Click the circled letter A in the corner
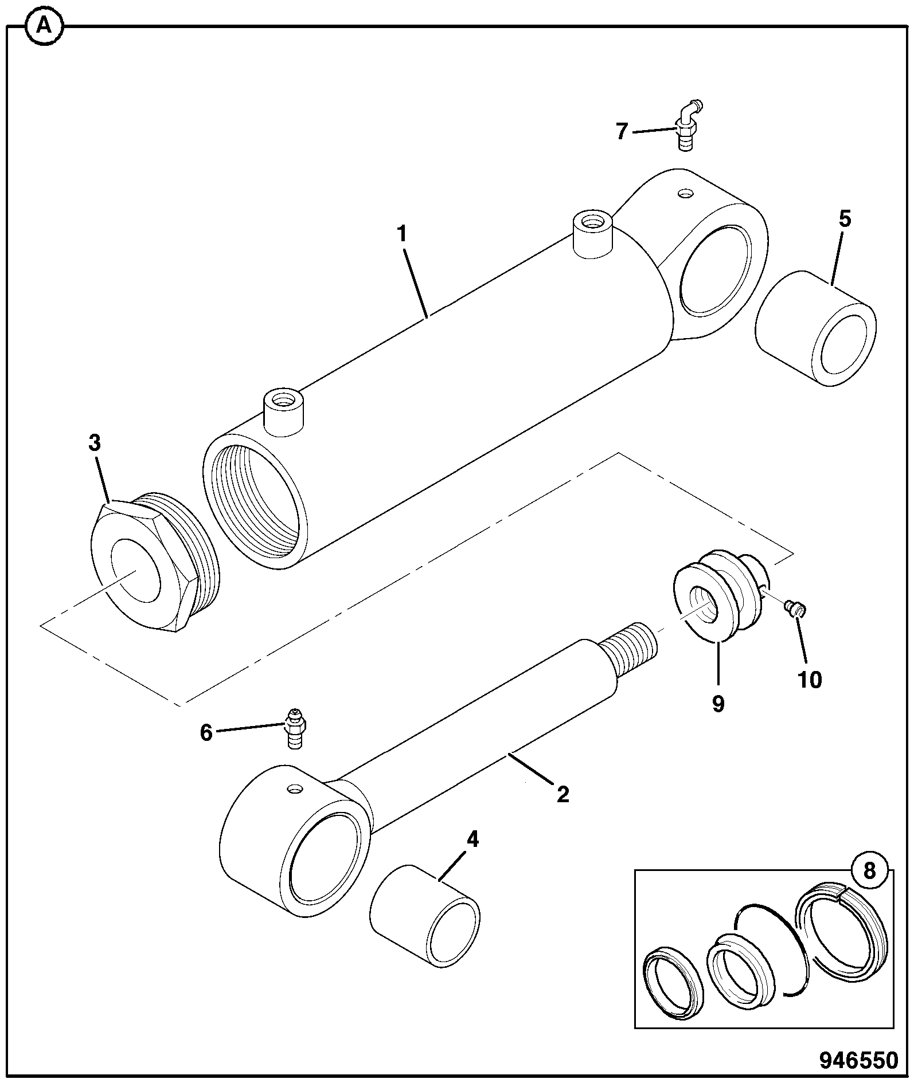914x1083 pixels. point(43,26)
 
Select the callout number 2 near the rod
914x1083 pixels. point(563,794)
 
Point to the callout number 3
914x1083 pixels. point(94,443)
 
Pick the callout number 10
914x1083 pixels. point(809,680)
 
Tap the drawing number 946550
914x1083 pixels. point(858,1060)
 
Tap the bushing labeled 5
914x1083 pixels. point(815,328)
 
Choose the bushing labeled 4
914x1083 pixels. point(425,916)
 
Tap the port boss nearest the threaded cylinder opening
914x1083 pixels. point(282,413)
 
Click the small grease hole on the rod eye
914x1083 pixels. point(295,790)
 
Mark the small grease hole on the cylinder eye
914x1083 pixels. point(684,193)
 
